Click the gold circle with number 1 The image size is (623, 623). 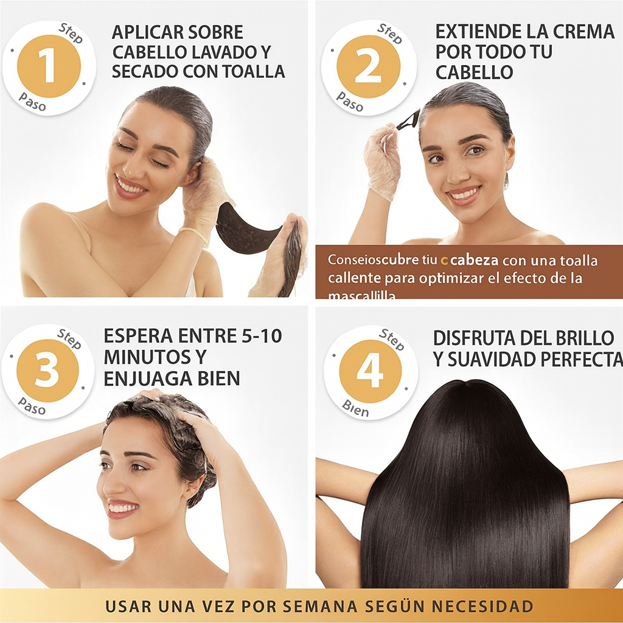tap(49, 66)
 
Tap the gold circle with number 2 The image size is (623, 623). tap(369, 66)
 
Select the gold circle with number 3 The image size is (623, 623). tap(47, 371)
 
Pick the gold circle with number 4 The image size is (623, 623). tap(369, 371)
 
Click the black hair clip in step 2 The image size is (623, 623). tap(408, 120)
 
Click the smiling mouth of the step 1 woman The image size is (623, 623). tap(130, 186)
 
